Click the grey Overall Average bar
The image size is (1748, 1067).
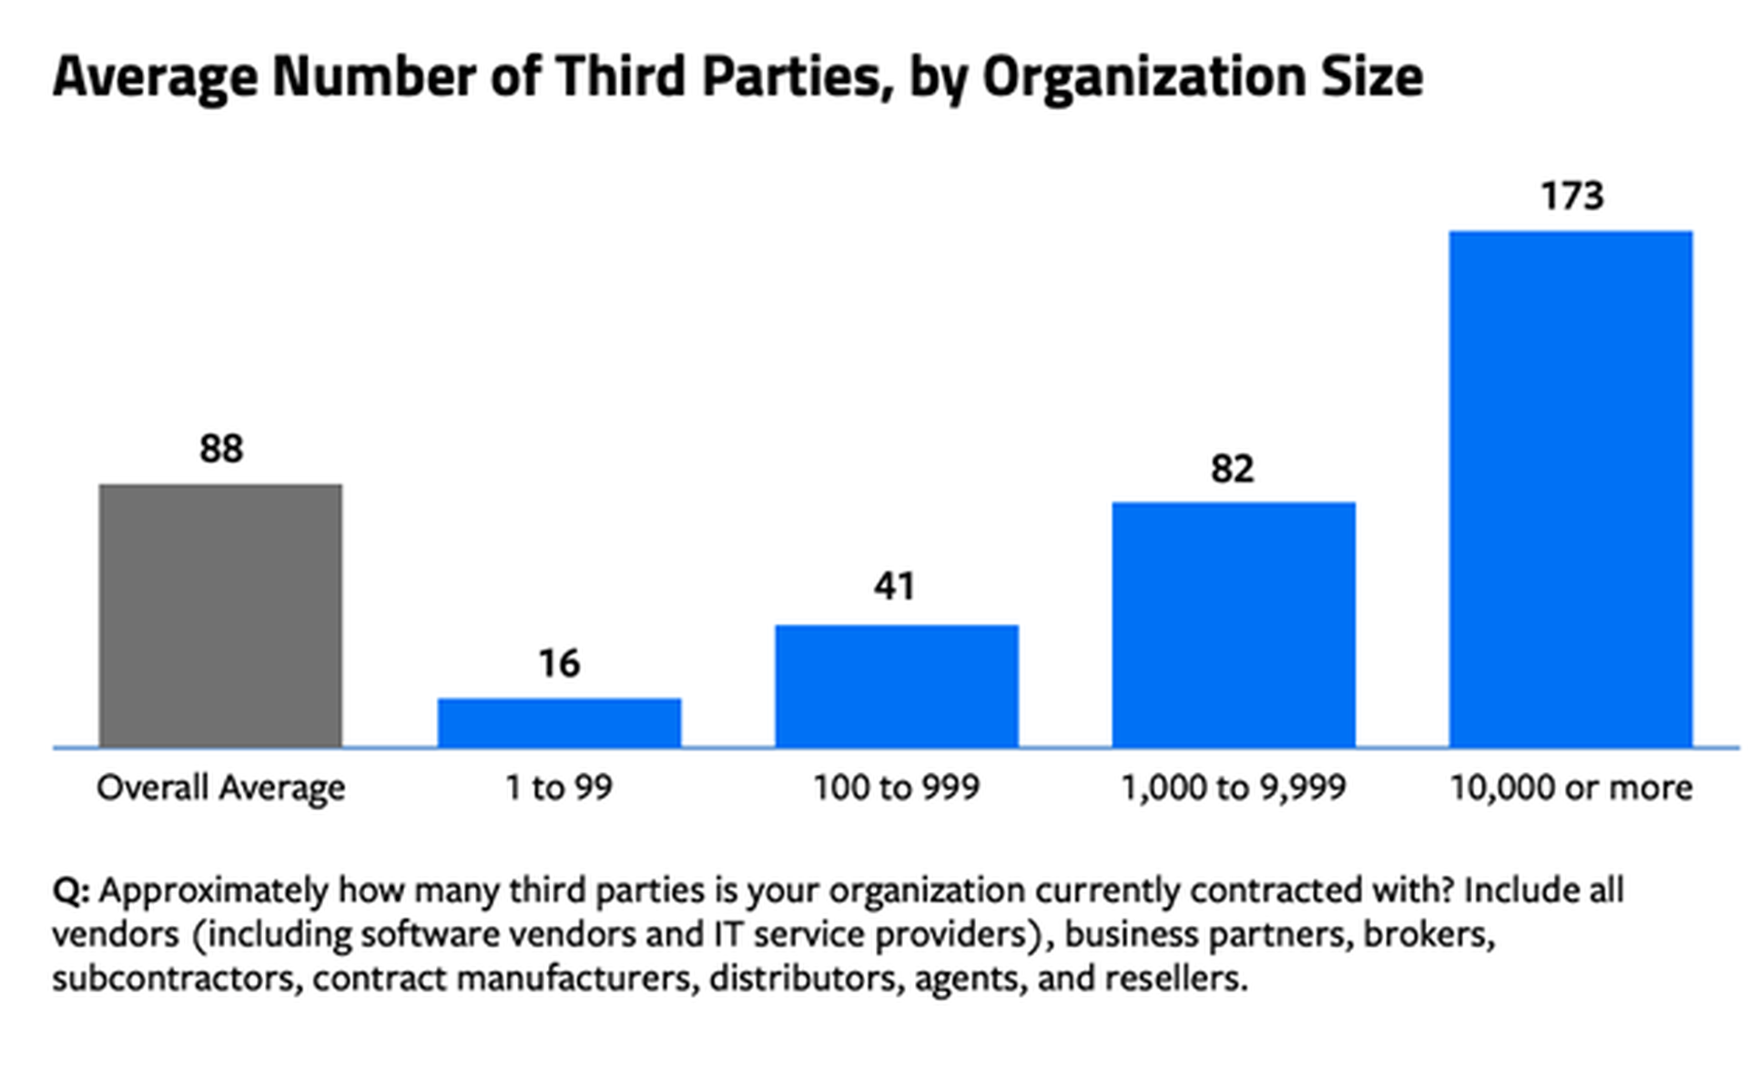click(220, 615)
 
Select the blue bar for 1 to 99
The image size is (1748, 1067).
click(559, 723)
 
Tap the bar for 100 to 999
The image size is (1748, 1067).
click(897, 686)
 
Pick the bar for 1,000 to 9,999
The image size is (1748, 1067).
click(1234, 625)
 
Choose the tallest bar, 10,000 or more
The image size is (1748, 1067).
click(1570, 489)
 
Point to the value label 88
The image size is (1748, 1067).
click(221, 449)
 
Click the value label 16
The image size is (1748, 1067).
click(559, 664)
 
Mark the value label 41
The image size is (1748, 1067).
click(895, 586)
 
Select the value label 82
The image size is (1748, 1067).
click(1233, 469)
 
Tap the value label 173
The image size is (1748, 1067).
click(1571, 196)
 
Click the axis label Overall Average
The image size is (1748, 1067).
click(221, 788)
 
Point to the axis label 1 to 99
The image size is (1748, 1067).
click(559, 788)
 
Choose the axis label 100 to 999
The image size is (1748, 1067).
click(896, 788)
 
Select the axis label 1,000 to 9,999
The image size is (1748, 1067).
click(1233, 788)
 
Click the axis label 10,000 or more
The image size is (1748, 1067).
click(1570, 788)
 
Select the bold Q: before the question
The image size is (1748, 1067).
click(71, 890)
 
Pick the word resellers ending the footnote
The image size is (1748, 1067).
click(1174, 979)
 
